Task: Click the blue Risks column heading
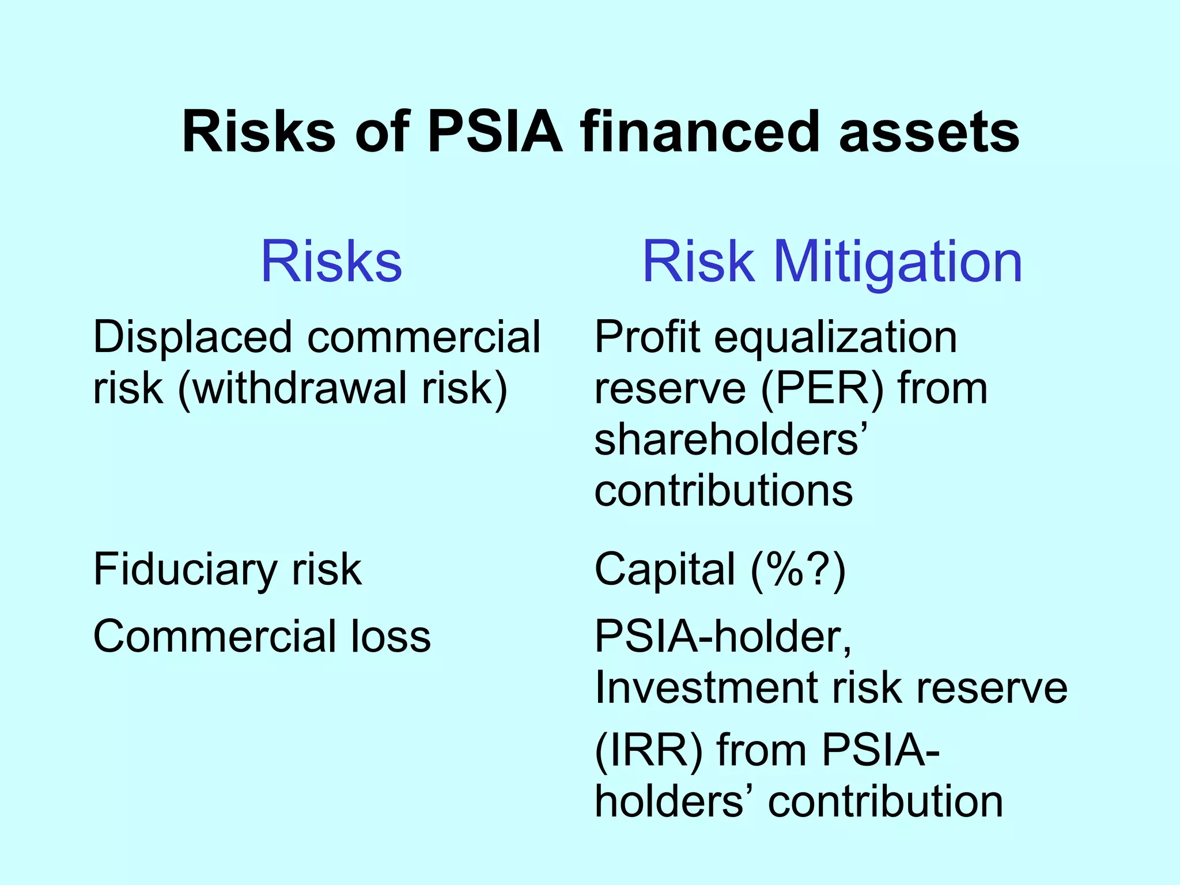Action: click(331, 262)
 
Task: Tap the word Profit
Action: click(647, 337)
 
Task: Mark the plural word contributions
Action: click(724, 490)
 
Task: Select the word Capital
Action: click(665, 569)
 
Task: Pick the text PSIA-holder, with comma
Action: click(723, 637)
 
